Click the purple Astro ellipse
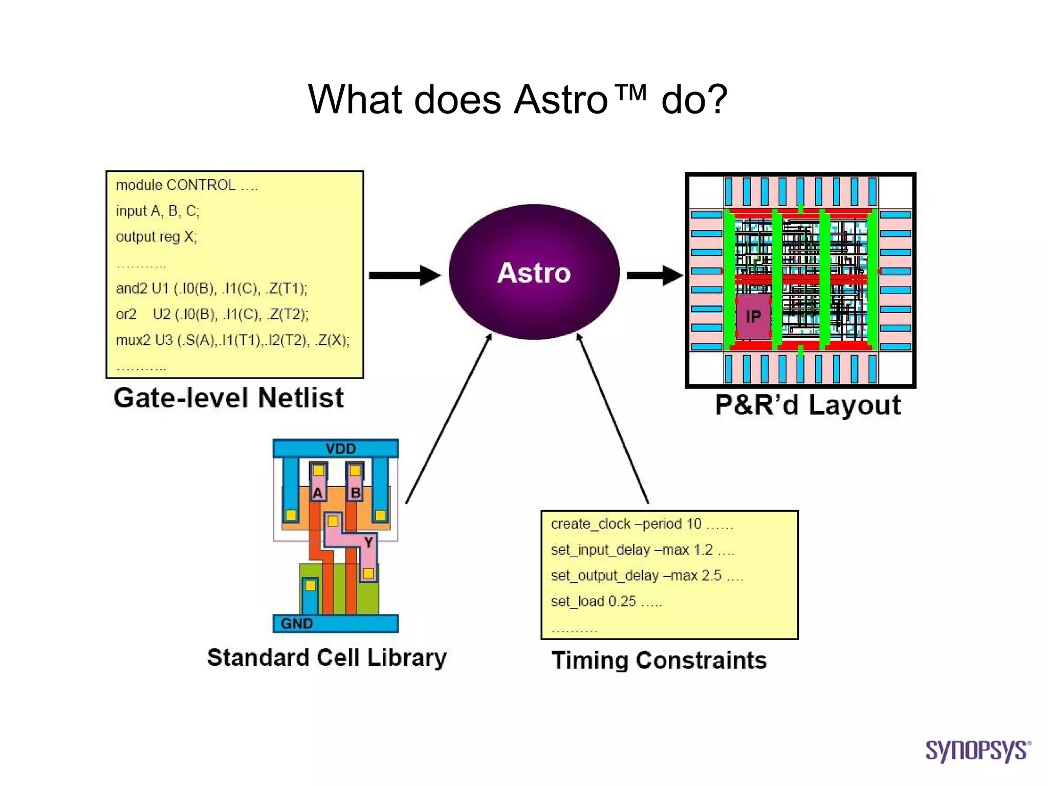534,272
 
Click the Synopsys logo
977,751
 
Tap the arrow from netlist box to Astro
404,275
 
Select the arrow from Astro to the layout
654,275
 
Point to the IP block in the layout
753,317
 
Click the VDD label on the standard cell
340,449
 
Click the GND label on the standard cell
297,623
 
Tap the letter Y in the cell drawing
368,542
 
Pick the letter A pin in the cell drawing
318,493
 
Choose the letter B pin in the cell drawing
355,493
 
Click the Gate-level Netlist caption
229,398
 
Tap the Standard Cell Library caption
327,658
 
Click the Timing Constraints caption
659,661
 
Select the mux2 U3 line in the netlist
233,340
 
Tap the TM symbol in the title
630,93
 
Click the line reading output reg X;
156,237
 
